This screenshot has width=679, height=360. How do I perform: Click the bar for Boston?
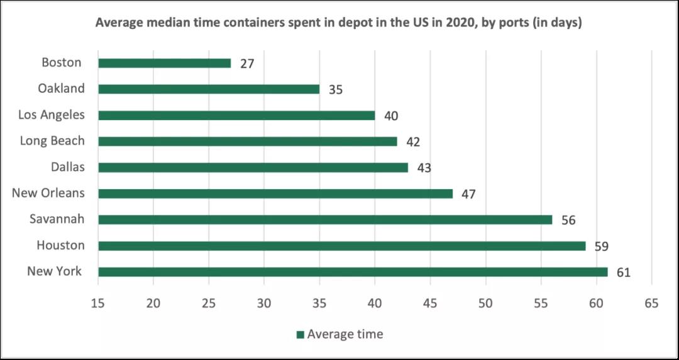pyautogui.click(x=165, y=63)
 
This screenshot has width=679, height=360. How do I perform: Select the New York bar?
pyautogui.click(x=353, y=272)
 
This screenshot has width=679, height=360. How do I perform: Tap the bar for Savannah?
pyautogui.click(x=325, y=220)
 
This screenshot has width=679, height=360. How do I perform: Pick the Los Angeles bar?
pyautogui.click(x=236, y=116)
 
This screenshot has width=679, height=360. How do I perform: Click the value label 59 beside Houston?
pyautogui.click(x=601, y=246)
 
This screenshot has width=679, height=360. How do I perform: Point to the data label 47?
pyautogui.click(x=468, y=194)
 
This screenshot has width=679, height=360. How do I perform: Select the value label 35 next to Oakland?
pyautogui.click(x=336, y=90)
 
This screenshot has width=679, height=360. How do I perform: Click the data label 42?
pyautogui.click(x=413, y=142)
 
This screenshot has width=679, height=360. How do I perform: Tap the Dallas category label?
pyautogui.click(x=67, y=167)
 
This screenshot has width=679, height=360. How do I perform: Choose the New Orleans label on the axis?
pyautogui.click(x=48, y=193)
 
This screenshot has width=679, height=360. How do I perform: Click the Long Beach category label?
pyautogui.click(x=52, y=141)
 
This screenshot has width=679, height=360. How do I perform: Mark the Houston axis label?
pyautogui.click(x=60, y=245)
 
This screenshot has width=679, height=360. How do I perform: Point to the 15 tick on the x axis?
pyautogui.click(x=99, y=303)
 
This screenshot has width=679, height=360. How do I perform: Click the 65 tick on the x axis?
pyautogui.click(x=651, y=303)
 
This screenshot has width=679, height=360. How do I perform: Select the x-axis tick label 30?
pyautogui.click(x=264, y=303)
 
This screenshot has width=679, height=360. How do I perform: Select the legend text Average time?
pyautogui.click(x=345, y=334)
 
